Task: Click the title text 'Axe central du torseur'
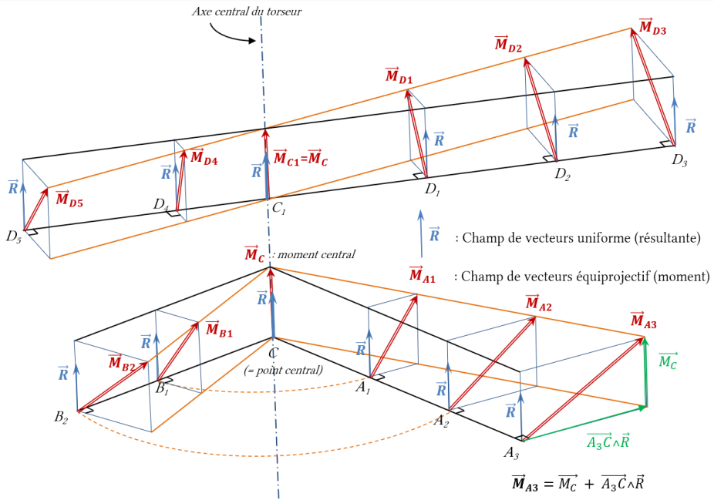coord(246,12)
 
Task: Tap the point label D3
coord(679,160)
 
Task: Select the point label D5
coord(14,237)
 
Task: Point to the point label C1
coord(278,208)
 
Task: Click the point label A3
coord(511,453)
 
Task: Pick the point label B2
coord(61,418)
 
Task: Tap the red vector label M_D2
coord(507,44)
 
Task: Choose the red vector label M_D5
coord(69,199)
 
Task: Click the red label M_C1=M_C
coord(300,157)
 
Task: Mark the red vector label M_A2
coord(538,303)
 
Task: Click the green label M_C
coord(668,361)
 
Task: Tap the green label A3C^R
coord(608,441)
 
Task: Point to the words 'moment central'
coord(316,254)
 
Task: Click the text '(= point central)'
coord(283,371)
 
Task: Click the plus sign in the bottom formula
coord(589,484)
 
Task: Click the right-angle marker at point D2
coord(549,159)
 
